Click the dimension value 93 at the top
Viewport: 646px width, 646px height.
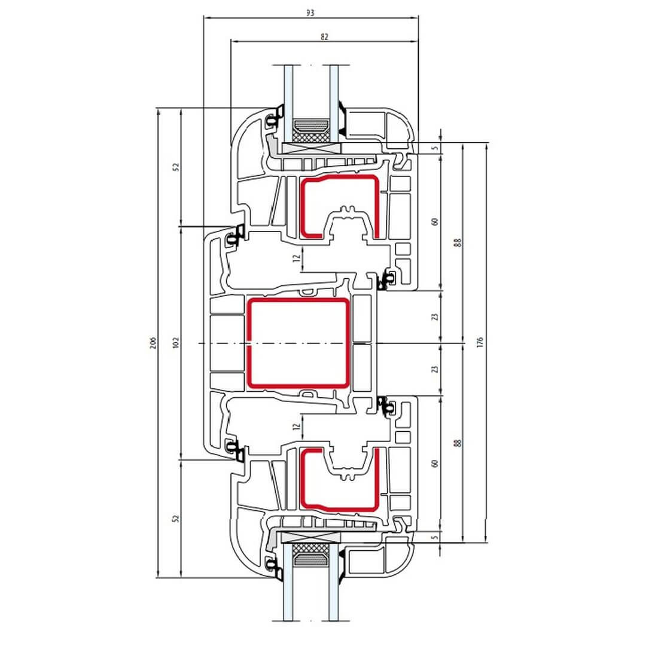tap(310, 13)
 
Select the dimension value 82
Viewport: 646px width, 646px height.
tap(324, 36)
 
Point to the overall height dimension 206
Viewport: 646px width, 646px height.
tap(153, 343)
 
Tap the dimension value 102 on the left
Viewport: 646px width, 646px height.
tap(176, 343)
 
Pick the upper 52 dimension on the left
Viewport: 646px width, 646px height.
tap(176, 167)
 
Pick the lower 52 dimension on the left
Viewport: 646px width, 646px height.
tap(176, 518)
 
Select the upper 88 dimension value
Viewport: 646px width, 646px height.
tap(458, 242)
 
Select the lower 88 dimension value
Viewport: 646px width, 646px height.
tap(458, 443)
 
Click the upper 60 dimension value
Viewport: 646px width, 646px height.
tap(435, 221)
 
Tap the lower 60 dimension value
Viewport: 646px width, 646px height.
tap(435, 463)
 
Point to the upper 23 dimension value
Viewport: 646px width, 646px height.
tap(435, 317)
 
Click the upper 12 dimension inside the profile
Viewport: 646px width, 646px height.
tap(296, 258)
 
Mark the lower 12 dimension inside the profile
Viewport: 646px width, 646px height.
tap(296, 427)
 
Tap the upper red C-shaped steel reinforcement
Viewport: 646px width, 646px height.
tap(340, 206)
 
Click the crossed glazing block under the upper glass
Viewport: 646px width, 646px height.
tap(312, 148)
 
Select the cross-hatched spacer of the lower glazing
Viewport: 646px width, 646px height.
tap(311, 549)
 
